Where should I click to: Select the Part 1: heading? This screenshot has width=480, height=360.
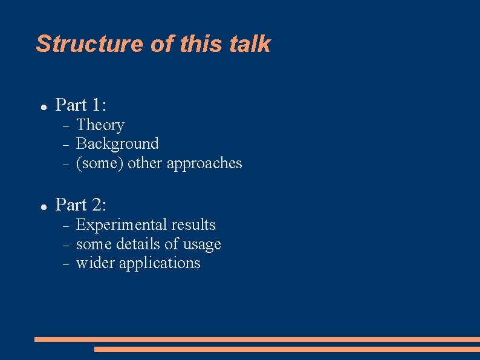tap(81, 105)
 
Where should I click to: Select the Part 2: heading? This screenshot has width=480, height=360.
tap(81, 205)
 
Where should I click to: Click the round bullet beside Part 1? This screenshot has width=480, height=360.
tap(44, 106)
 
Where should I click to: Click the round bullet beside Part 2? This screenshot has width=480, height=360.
tap(44, 206)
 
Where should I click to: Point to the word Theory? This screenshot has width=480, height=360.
tap(100, 125)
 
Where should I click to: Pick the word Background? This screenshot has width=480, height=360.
tap(117, 144)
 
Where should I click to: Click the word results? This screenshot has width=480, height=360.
tap(193, 225)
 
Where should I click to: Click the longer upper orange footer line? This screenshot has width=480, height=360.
tap(257, 339)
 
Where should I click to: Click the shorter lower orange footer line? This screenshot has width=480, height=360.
tap(287, 349)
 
